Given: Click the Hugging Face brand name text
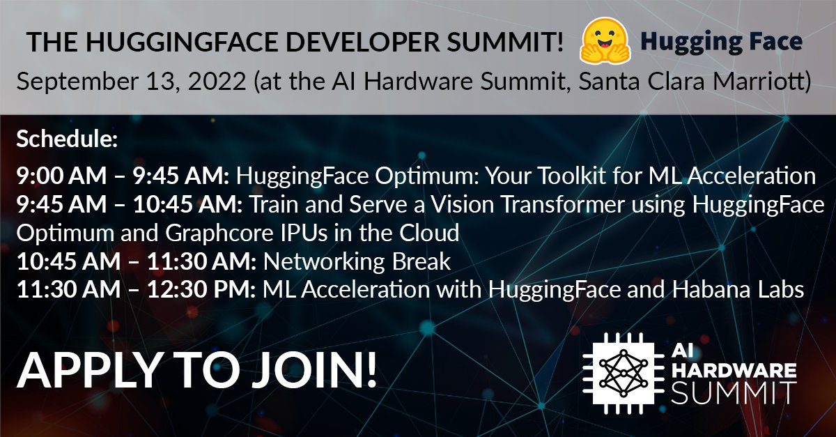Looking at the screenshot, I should click(721, 42).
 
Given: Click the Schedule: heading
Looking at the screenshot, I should click(66, 139).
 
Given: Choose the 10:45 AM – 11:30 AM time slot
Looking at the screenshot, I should click(137, 262).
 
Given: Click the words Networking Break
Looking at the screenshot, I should click(357, 262).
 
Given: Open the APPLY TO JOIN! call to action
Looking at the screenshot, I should click(197, 372).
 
